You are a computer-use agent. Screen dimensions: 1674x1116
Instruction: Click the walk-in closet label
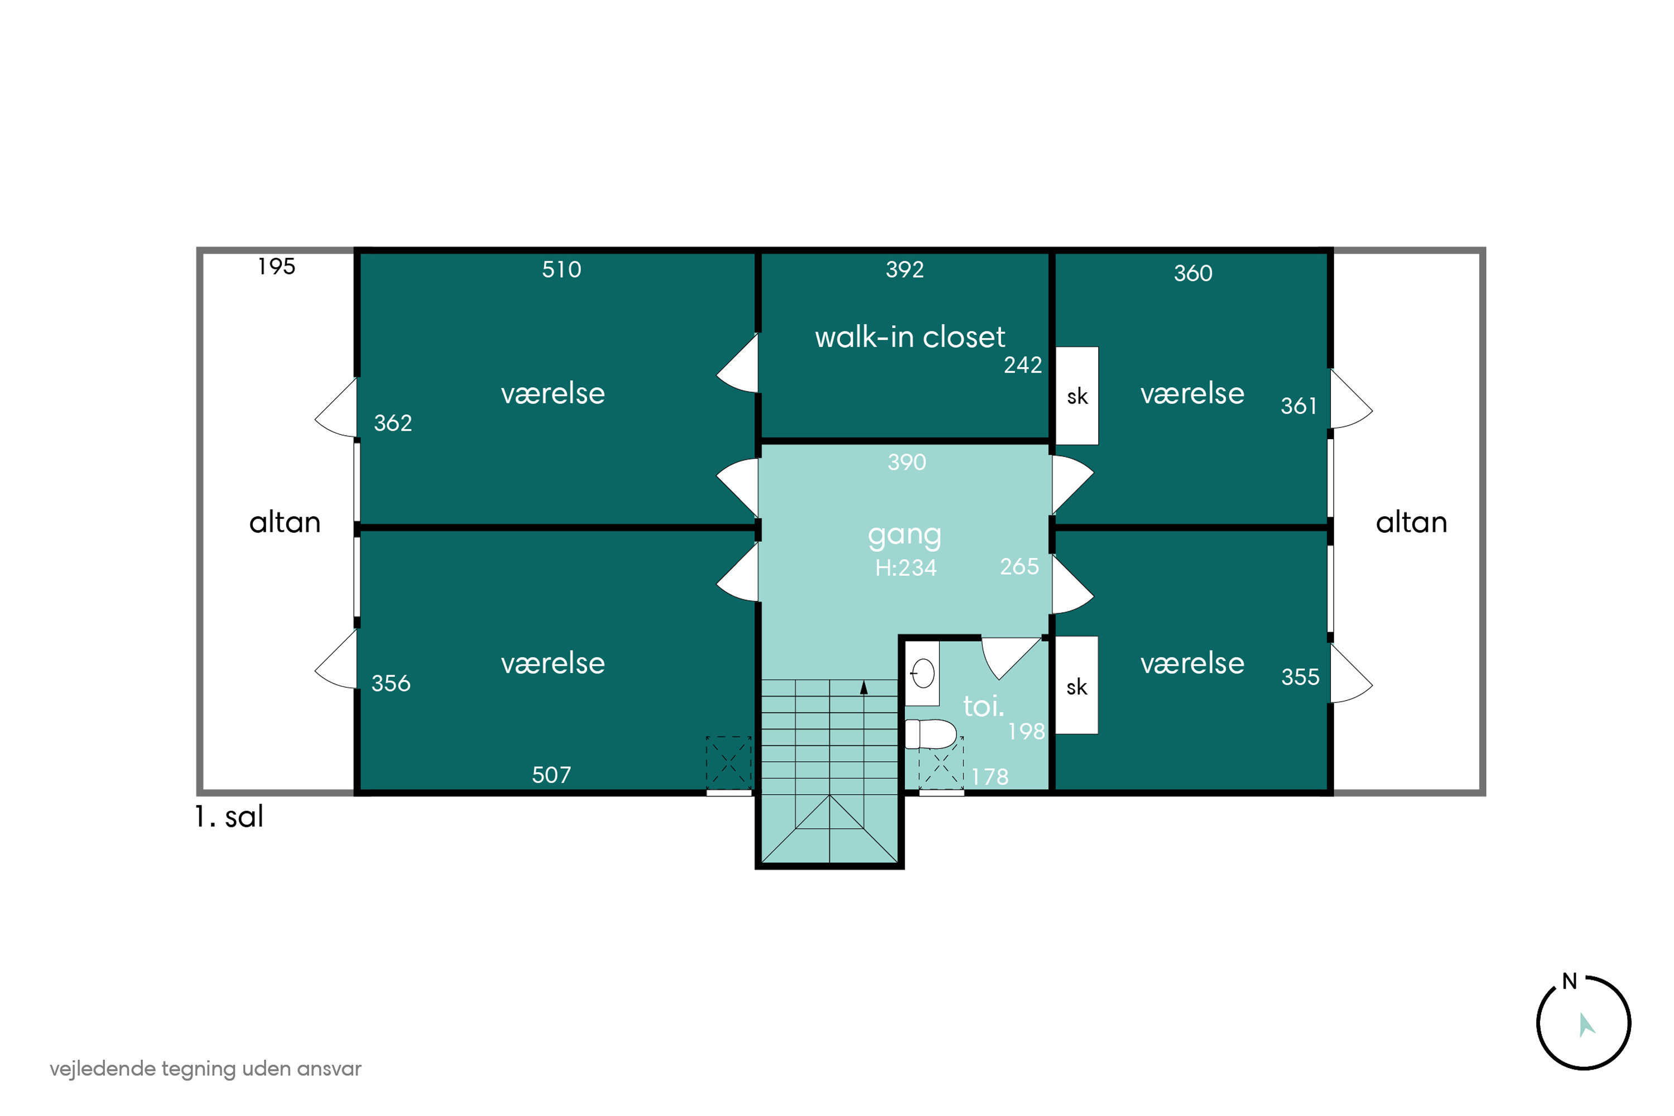point(910,336)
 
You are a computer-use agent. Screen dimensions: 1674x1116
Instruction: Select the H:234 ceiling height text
point(906,568)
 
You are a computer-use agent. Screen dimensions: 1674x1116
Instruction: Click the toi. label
point(984,706)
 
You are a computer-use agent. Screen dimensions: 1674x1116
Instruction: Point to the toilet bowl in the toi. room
point(931,734)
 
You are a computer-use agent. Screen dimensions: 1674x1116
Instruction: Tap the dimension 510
point(561,270)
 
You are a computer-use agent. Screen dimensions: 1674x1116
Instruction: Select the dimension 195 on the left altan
point(276,267)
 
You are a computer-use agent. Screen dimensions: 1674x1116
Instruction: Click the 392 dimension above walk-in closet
point(905,270)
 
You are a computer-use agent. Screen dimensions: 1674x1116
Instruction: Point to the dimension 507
point(552,775)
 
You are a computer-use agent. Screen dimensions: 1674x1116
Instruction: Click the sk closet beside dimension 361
point(1077,396)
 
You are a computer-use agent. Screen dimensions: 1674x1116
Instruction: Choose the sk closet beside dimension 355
point(1076,685)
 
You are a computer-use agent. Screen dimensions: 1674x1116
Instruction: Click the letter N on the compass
point(1569,982)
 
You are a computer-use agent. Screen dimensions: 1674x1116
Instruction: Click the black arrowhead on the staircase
point(864,687)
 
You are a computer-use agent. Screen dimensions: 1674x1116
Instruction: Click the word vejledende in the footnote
point(103,1069)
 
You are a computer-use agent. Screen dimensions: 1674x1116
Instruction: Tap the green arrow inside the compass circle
point(1586,1025)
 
